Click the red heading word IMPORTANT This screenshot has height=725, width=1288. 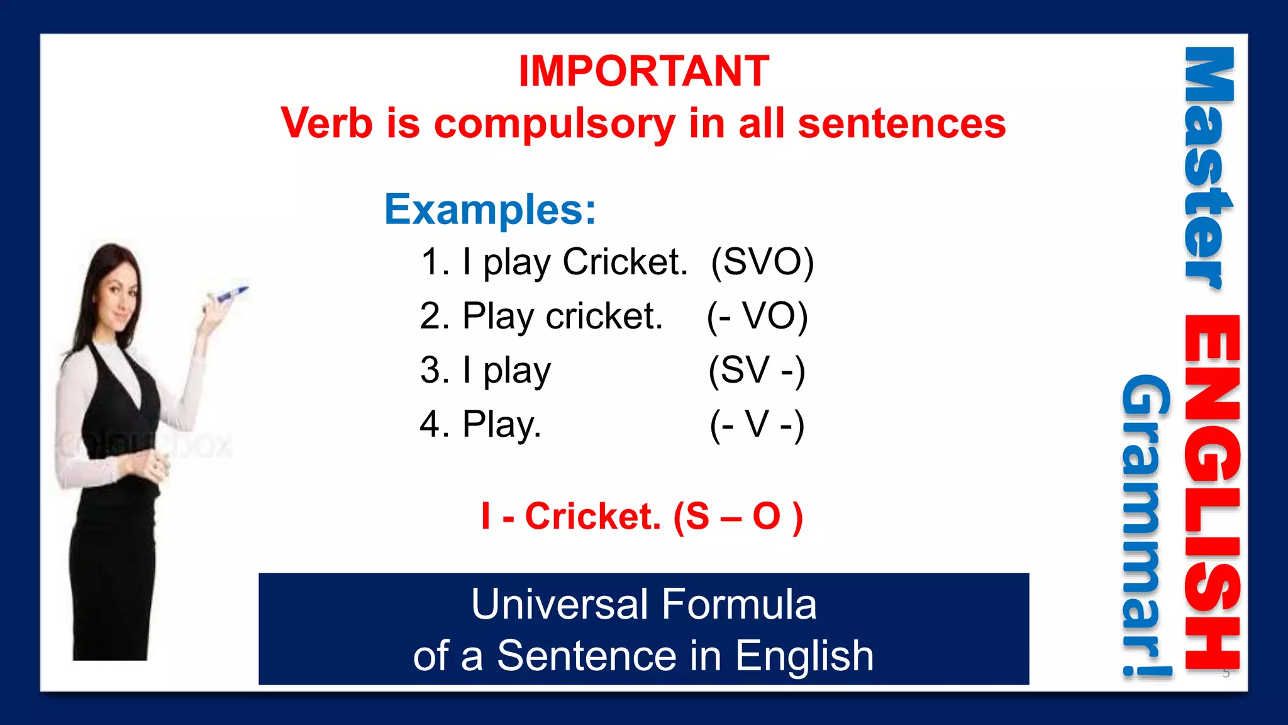pos(644,70)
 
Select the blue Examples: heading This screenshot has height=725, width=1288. pos(490,210)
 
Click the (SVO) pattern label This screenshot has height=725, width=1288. pos(762,262)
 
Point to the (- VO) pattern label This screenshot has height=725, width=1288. pos(757,316)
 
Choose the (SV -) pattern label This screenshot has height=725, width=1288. pos(757,370)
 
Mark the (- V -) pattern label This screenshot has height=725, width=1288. pos(757,424)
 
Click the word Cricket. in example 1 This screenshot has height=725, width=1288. pos(625,262)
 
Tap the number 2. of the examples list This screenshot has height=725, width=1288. pos(435,316)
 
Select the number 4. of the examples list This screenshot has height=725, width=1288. pos(435,424)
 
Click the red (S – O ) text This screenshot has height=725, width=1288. pos(738,517)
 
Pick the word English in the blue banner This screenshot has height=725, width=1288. pos(804,656)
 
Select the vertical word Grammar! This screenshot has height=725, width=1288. pos(1146,525)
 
